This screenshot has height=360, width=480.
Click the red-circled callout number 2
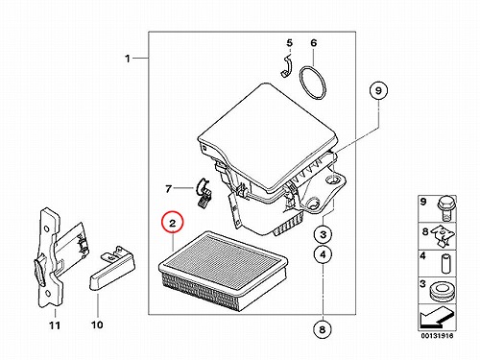[173, 223]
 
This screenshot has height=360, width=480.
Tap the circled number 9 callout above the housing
[378, 90]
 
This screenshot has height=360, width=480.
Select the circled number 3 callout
[324, 234]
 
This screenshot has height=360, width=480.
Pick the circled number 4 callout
[324, 254]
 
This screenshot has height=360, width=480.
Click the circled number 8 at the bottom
[323, 329]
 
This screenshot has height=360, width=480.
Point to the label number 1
[128, 59]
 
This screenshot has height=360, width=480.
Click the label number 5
[290, 42]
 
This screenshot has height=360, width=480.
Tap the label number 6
[314, 43]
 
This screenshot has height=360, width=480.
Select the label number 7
[169, 189]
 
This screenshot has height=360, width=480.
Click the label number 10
[97, 324]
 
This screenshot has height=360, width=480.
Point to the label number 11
[55, 325]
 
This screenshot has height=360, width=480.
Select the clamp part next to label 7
[203, 192]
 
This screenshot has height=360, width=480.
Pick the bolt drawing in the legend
[446, 208]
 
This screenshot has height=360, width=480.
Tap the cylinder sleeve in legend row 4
[445, 263]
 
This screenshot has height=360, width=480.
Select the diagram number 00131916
[437, 336]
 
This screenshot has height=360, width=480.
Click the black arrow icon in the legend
[435, 318]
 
